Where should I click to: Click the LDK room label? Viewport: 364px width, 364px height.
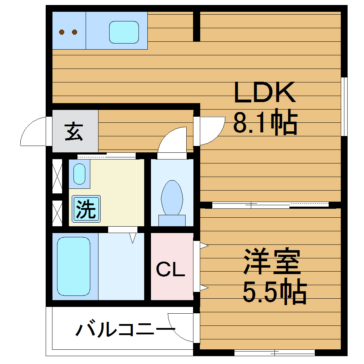264,93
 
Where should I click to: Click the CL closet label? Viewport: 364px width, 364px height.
171,269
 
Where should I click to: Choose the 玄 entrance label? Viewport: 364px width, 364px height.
74,132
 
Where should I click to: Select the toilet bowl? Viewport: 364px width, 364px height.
172,198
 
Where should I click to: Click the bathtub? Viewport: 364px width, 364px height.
74,266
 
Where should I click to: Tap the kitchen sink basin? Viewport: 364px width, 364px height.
123,32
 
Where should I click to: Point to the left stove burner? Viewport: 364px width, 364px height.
62,32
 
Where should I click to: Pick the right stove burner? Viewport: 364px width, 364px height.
75,32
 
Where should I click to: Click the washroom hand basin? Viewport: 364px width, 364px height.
79,174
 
